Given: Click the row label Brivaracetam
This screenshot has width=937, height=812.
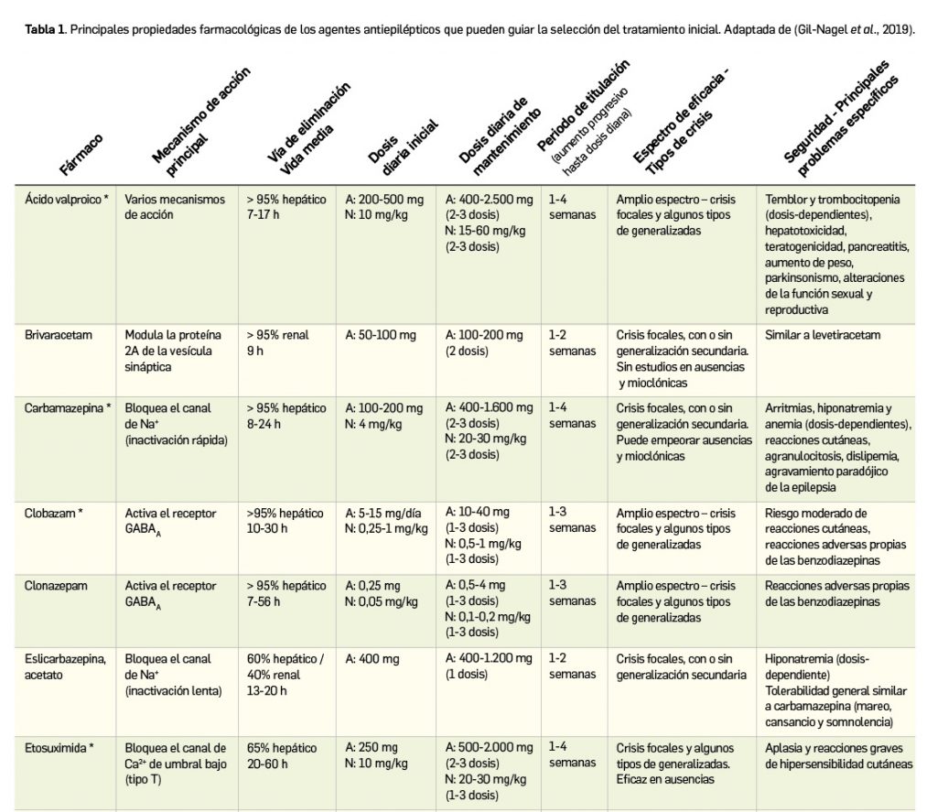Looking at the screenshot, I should coord(59,335).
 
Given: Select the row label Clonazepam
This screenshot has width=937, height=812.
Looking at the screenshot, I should coord(56,586).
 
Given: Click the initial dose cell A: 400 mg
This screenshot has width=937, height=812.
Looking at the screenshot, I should coord(372,659).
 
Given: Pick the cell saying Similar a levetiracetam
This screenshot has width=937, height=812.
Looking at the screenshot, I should coord(822,335).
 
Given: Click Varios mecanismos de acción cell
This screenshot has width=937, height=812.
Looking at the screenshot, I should coord(175,207).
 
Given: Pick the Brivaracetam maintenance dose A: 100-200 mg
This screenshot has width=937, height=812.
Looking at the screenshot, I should coord(484,335).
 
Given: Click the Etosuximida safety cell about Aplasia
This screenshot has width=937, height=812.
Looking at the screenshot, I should coord(838,754).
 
